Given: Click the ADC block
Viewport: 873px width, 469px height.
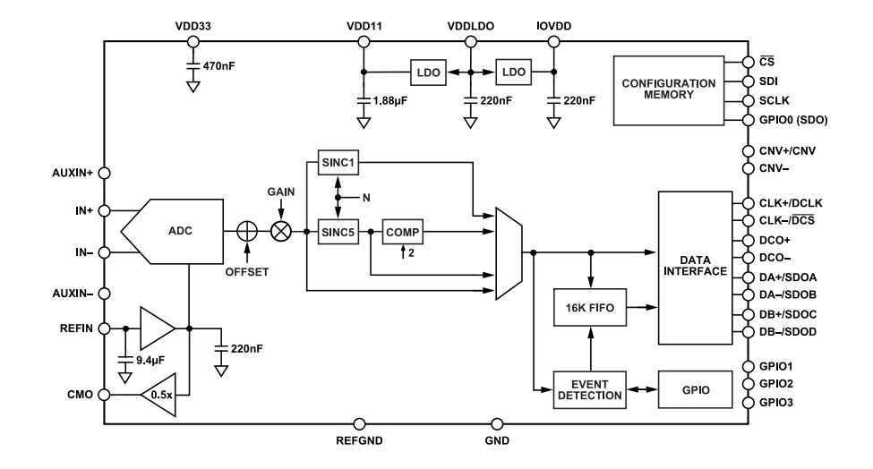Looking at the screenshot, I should tap(179, 231).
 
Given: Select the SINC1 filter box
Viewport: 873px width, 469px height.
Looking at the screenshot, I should tap(338, 163).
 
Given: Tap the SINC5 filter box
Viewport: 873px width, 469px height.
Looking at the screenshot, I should tap(338, 231).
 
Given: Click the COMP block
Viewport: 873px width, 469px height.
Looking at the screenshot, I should tap(402, 231).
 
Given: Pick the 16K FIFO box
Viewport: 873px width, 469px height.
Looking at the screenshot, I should tap(590, 309).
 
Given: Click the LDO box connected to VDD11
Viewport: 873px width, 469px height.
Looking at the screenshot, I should tap(428, 72).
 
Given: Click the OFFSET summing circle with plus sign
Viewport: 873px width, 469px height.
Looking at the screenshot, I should tap(247, 231).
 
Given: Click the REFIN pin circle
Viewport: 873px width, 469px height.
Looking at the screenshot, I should tap(104, 328).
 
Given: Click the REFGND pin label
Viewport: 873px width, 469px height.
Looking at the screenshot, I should tap(360, 440).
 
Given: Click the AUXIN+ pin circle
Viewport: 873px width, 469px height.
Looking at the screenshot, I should tap(104, 174).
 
